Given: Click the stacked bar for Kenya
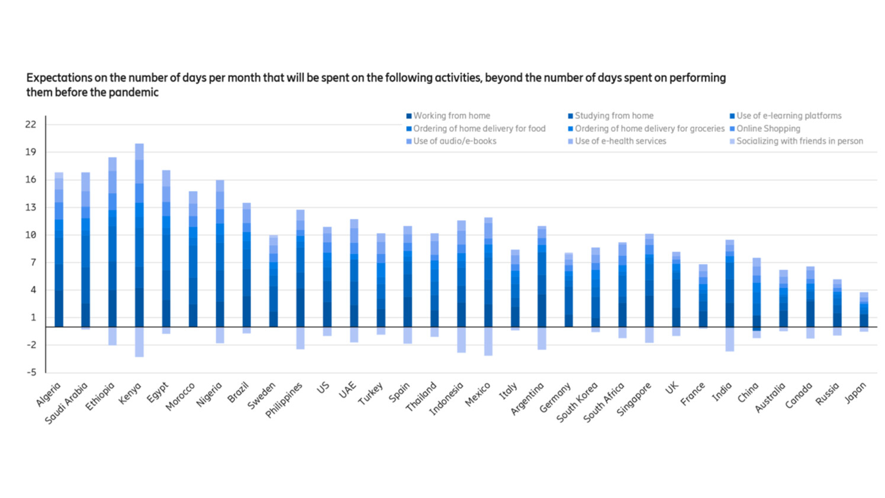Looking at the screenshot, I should point(139,237).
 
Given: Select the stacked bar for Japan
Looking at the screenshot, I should point(864,311).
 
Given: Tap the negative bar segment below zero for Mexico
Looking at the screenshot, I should point(488,341).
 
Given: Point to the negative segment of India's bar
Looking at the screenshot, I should point(730,339).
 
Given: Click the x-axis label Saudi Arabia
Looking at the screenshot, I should point(67,403).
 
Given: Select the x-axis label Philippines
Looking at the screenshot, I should point(284,400).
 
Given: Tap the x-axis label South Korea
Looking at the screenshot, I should point(577,402).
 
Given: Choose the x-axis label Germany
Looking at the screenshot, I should point(556,397).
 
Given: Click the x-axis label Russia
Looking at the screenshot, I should point(828,394).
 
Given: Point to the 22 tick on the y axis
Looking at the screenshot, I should point(31,124).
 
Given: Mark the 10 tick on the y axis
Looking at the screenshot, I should point(31,235).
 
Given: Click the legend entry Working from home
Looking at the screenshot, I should point(451,116).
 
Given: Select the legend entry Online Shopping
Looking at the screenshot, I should point(768,128).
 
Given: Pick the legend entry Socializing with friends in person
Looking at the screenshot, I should point(799,141).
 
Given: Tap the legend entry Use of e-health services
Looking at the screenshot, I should point(620,141).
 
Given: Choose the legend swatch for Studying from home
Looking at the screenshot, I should point(571,117).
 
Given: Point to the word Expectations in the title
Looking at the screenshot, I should point(59,78).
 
